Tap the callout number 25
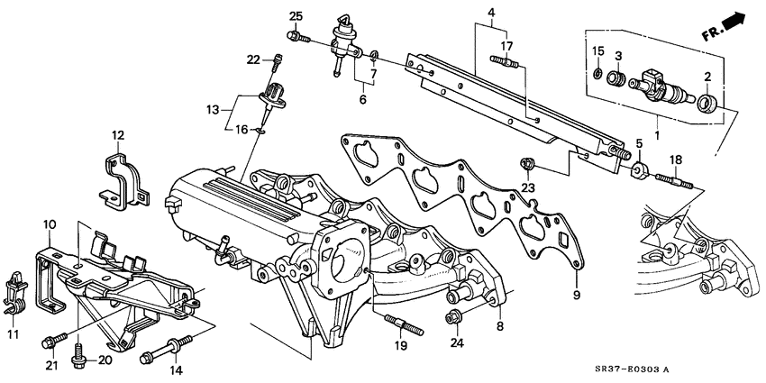296,15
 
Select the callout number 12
117,135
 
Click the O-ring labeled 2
710,101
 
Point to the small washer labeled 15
597,74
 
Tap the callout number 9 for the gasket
576,295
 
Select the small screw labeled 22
278,61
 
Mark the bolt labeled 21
51,341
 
